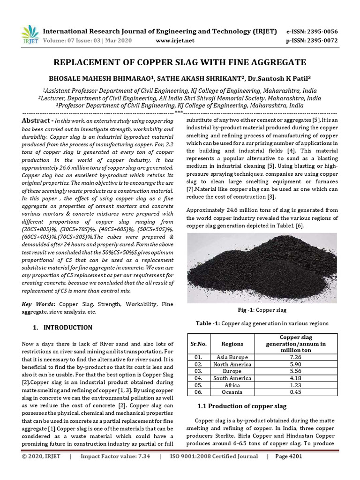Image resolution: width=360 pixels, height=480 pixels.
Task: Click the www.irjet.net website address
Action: (174, 40)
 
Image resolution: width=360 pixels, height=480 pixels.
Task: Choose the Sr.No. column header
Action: (199, 344)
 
